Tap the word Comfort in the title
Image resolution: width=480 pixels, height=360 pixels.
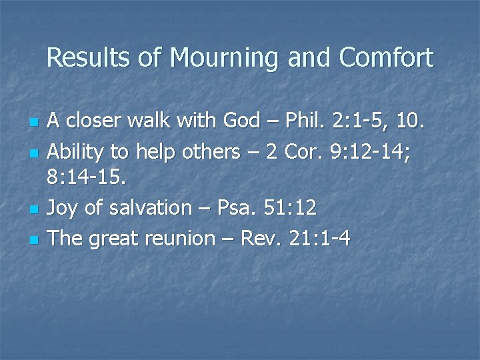coord(386,59)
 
